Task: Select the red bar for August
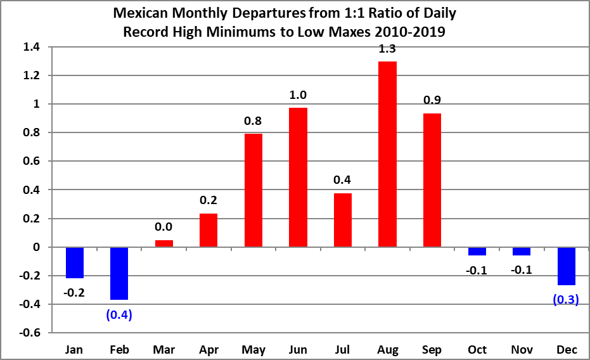coord(387,154)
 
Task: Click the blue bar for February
coord(119,273)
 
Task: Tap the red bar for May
coord(253,190)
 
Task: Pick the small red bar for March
coord(164,243)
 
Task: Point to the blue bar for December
coord(566,266)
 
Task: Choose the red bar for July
coord(343,220)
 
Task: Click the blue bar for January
coord(75,262)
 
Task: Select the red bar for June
coord(298,177)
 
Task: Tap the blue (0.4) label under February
coord(119,314)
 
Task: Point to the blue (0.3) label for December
coord(566,300)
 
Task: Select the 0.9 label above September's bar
coord(432,100)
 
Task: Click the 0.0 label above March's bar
coord(164,227)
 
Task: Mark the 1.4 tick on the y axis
coord(32,47)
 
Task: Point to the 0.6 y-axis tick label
coord(32,162)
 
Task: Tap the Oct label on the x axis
coord(477,349)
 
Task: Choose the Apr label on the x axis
coord(208,349)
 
